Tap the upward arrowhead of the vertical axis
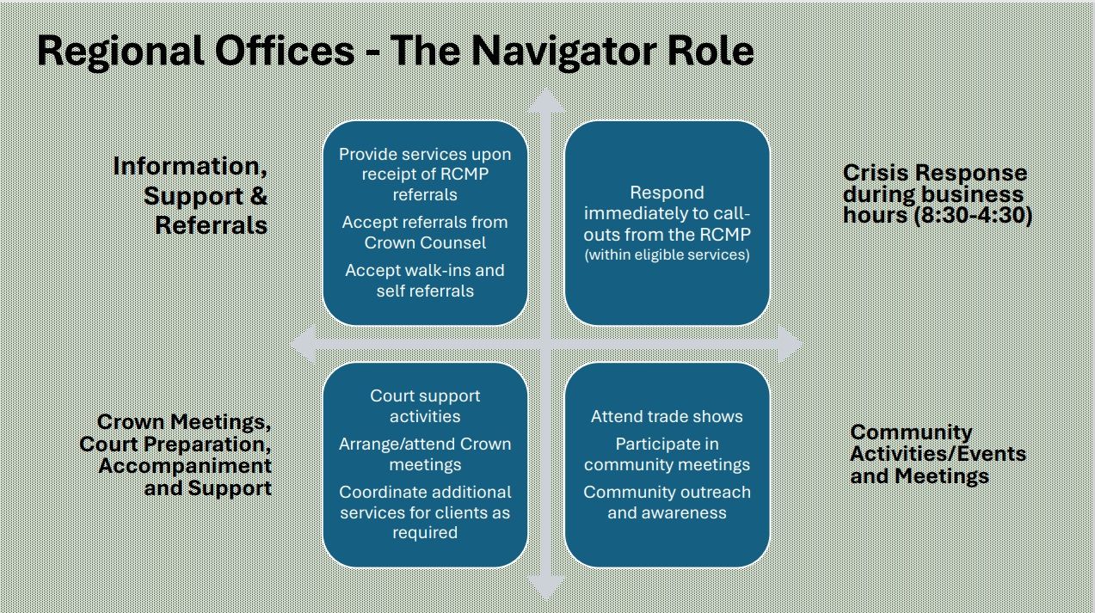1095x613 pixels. pyautogui.click(x=545, y=101)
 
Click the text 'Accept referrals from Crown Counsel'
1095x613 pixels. pyautogui.click(x=425, y=232)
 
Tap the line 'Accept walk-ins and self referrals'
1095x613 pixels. pyautogui.click(x=425, y=280)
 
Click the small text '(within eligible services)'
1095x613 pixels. pyautogui.click(x=667, y=254)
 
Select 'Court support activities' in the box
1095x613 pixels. pyautogui.click(x=425, y=406)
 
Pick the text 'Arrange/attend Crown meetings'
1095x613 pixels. pyautogui.click(x=425, y=454)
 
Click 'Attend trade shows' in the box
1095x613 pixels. pyautogui.click(x=667, y=416)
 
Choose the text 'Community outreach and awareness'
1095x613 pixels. pyautogui.click(x=667, y=502)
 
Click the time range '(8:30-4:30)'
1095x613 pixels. pyautogui.click(x=982, y=216)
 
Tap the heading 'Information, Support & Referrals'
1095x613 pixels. pyautogui.click(x=191, y=195)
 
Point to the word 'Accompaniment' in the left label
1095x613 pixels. pyautogui.click(x=185, y=466)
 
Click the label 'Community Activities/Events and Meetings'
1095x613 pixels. pyautogui.click(x=937, y=454)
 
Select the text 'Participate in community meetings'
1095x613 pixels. pyautogui.click(x=667, y=454)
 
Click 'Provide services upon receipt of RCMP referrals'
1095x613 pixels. pyautogui.click(x=425, y=174)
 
